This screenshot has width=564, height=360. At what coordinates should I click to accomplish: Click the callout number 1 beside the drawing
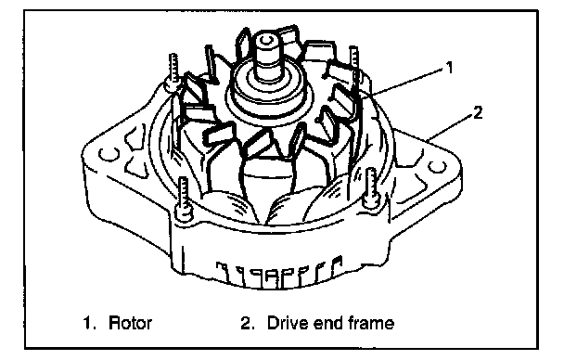coord(449,67)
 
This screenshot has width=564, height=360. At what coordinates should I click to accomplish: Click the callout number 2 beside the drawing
coord(478,113)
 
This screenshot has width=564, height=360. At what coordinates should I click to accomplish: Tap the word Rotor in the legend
coord(130,323)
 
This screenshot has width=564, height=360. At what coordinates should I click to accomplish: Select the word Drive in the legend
coord(288,323)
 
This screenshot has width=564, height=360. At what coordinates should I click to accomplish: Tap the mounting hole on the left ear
coord(109,154)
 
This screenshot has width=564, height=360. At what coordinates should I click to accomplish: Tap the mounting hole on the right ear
coord(437,167)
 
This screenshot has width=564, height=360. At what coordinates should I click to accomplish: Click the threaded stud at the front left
coord(184,196)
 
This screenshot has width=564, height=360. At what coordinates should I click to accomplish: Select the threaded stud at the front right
coord(371,187)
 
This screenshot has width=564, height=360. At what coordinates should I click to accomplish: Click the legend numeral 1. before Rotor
coord(90,323)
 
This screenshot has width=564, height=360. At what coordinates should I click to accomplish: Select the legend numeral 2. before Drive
coord(248,323)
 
